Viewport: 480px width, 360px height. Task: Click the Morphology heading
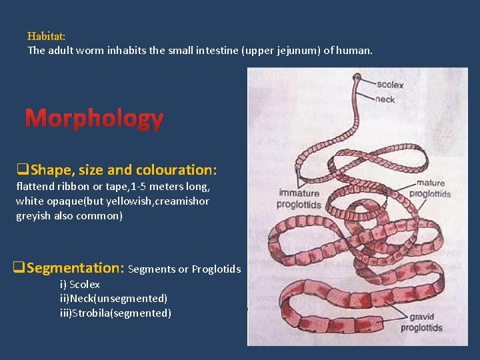pyautogui.click(x=94, y=119)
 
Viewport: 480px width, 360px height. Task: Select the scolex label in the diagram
pyautogui.click(x=389, y=85)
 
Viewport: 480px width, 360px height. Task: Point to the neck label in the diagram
pyautogui.click(x=385, y=99)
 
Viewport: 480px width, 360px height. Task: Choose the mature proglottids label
pyautogui.click(x=429, y=188)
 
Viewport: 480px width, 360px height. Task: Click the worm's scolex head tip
pyautogui.click(x=357, y=78)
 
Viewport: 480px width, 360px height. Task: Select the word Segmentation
pyautogui.click(x=75, y=268)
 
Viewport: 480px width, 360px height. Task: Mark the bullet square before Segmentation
pyautogui.click(x=19, y=268)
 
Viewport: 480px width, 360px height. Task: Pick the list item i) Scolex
pyautogui.click(x=79, y=285)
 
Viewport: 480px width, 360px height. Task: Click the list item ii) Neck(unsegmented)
pyautogui.click(x=113, y=299)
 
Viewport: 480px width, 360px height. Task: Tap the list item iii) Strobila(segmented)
pyautogui.click(x=115, y=313)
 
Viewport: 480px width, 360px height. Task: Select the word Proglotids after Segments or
pyautogui.click(x=216, y=269)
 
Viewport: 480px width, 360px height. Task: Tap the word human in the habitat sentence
pyautogui.click(x=355, y=50)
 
